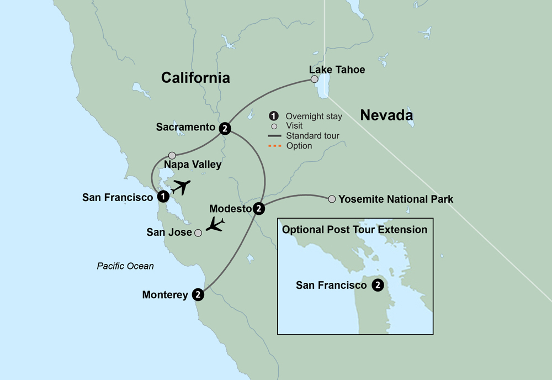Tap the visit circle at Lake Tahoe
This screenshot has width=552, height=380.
click(315, 80)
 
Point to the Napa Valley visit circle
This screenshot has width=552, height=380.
click(172, 156)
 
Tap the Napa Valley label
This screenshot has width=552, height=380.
click(193, 165)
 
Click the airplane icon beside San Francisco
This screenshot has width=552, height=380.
click(181, 187)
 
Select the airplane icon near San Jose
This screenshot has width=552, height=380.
click(214, 225)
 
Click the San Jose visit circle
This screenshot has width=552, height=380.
click(198, 233)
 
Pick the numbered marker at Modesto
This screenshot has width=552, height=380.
click(258, 209)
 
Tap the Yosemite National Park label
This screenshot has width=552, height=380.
click(396, 199)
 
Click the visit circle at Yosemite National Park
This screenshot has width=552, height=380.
click(332, 199)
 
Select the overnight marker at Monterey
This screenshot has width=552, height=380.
click(198, 295)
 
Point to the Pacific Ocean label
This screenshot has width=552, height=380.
click(125, 266)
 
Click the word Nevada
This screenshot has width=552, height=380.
click(386, 115)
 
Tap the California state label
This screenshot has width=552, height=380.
click(195, 78)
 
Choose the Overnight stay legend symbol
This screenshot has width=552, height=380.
click(273, 116)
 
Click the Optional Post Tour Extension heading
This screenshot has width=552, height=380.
click(354, 229)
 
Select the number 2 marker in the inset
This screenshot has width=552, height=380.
click(378, 286)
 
